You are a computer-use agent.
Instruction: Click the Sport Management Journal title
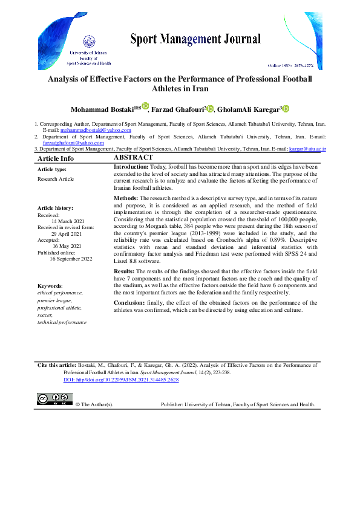(195, 40)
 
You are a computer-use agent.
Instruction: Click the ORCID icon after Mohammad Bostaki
(145, 106)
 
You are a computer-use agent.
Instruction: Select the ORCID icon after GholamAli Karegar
(286, 109)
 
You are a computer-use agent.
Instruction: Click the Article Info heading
(56, 158)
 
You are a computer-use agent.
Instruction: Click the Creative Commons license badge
(55, 400)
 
